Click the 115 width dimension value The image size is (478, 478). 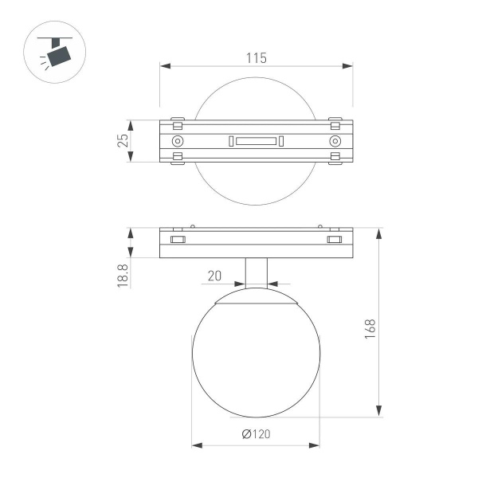point(256,57)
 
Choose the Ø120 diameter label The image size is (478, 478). point(255,434)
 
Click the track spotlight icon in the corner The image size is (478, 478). point(57,53)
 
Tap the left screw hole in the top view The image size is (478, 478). point(177,142)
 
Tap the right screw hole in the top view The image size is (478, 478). point(335,142)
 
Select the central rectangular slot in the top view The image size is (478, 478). point(255,142)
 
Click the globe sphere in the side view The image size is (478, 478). point(256,358)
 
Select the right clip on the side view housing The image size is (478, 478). point(334,239)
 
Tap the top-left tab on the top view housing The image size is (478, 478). point(178,124)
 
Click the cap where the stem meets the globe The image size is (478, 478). point(256,302)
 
